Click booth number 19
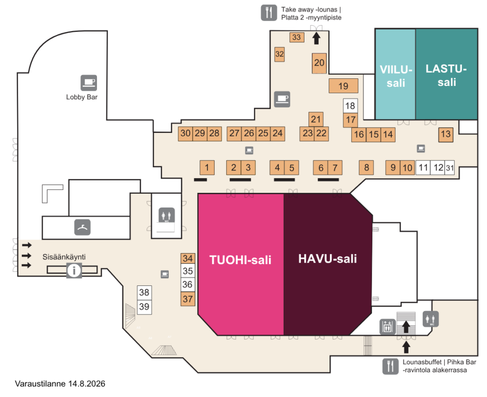[x=343, y=85]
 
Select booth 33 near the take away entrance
[x=297, y=37]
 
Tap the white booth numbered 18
[x=351, y=106]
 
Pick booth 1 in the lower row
[x=207, y=168]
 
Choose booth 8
[x=366, y=168]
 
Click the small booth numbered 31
[x=450, y=168]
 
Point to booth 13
[x=446, y=134]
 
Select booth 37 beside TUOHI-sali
[x=188, y=299]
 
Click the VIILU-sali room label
[x=396, y=76]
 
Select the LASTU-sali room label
[x=446, y=75]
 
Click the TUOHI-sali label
[x=240, y=260]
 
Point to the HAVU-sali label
[x=327, y=259]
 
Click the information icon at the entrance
[x=74, y=271]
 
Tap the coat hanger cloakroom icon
[x=82, y=227]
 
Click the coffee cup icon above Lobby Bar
[x=89, y=83]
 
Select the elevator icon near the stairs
[x=387, y=327]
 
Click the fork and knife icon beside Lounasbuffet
[x=390, y=366]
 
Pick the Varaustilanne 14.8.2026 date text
[x=60, y=384]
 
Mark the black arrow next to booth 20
[x=316, y=38]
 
